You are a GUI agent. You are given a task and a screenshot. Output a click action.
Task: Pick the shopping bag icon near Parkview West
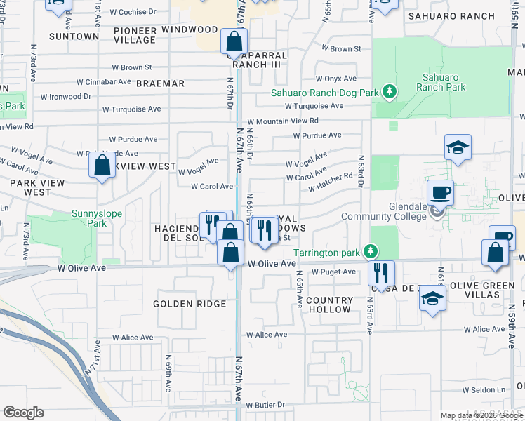click(102, 166)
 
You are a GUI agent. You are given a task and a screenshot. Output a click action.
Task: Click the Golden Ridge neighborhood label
click(190, 304)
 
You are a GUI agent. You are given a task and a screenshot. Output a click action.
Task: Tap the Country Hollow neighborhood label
click(329, 305)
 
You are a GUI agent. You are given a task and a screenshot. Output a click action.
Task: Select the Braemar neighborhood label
click(160, 83)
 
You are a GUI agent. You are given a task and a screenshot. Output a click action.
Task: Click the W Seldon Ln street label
click(484, 389)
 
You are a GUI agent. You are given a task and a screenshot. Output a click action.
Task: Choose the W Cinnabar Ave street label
click(104, 81)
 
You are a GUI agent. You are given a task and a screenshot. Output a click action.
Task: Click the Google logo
click(23, 413)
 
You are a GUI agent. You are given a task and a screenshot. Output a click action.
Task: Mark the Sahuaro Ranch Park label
click(440, 83)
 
